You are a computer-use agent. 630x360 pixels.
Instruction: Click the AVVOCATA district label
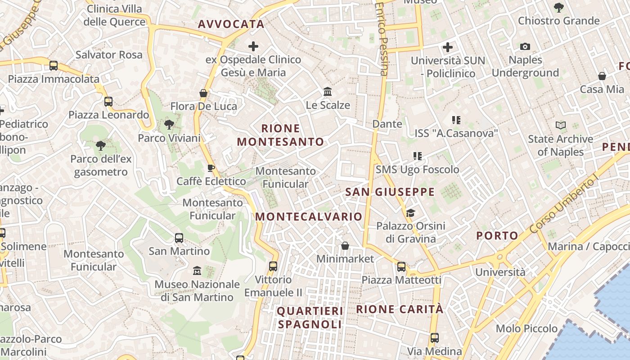tap(231, 24)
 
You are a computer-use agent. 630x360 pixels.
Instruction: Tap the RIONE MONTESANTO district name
tap(280, 135)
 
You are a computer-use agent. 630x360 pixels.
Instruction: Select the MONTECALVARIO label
tap(309, 216)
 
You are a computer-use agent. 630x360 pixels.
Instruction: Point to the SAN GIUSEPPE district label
tap(390, 192)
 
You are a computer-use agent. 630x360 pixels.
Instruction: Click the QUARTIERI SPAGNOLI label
tap(310, 318)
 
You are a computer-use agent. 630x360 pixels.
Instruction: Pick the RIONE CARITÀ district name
tap(400, 309)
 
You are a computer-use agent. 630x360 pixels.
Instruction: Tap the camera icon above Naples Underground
tap(525, 47)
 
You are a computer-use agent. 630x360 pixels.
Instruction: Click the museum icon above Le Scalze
tap(328, 92)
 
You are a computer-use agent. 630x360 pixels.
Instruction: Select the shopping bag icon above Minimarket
tap(345, 245)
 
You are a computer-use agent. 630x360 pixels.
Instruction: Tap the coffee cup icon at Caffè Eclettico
tap(211, 168)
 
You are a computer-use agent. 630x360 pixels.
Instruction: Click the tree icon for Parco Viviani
tap(169, 125)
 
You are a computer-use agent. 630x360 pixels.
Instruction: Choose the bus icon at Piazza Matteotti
tap(401, 267)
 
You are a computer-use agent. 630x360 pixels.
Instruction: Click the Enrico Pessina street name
tap(382, 38)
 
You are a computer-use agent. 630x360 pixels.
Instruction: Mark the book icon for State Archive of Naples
tap(560, 126)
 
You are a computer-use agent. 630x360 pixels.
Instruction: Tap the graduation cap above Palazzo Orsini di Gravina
tap(410, 212)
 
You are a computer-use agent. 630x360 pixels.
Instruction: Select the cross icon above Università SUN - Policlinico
tap(447, 47)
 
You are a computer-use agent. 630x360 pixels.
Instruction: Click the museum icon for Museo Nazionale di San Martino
tap(197, 271)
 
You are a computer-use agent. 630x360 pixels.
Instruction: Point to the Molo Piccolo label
tap(527, 328)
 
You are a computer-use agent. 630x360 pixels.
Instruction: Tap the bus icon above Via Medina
tap(434, 337)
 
